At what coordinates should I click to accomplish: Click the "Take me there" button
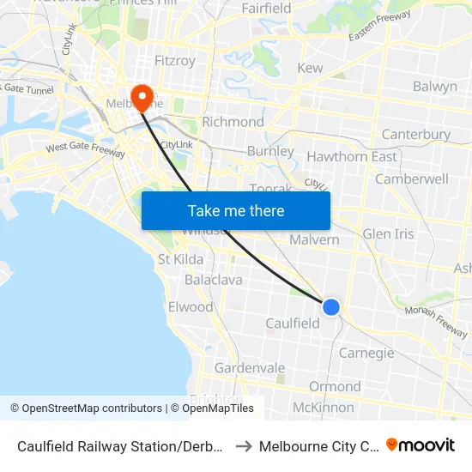tap(236, 210)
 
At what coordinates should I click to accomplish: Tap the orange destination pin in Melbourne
tap(140, 97)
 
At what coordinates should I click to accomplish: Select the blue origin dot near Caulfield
tap(330, 306)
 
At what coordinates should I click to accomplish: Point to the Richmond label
tap(233, 122)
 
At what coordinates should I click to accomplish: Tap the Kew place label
tap(310, 68)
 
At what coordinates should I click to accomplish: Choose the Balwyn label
tap(434, 87)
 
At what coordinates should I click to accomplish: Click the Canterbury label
tap(415, 135)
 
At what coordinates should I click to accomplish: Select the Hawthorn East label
tap(352, 156)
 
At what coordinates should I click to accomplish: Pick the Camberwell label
tap(412, 179)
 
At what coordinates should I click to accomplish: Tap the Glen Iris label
tap(388, 234)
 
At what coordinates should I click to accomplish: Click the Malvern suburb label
tap(314, 239)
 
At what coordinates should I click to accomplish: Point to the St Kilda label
tap(180, 259)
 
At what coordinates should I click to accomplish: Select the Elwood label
tap(191, 306)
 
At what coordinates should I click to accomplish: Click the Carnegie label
tap(366, 353)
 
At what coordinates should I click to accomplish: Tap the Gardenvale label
tap(249, 368)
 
